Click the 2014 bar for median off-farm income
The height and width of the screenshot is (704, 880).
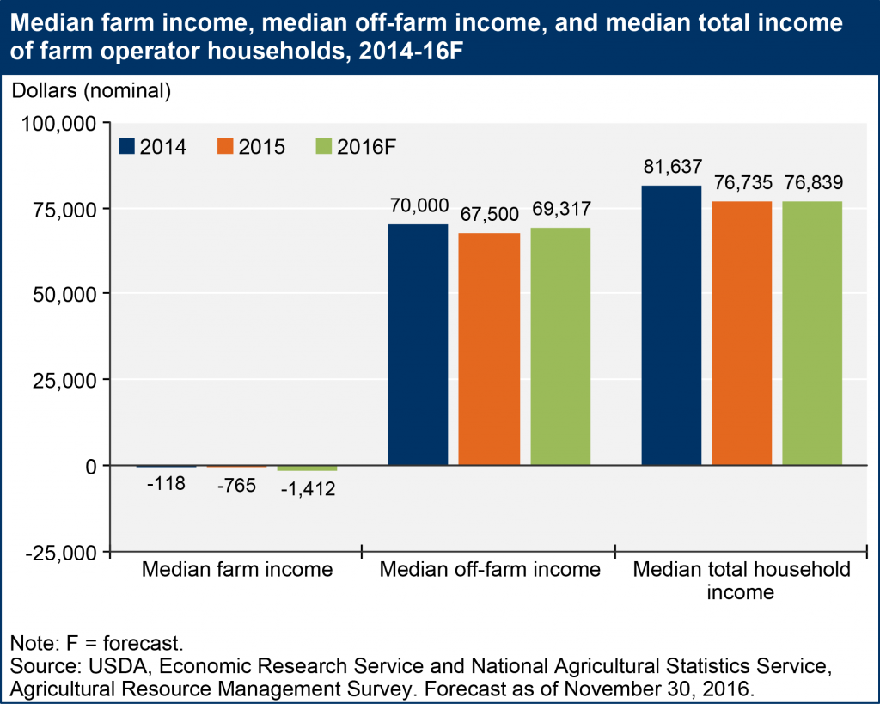[418, 345]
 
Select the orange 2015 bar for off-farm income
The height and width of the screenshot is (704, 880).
[489, 349]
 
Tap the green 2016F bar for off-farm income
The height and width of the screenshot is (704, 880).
[559, 346]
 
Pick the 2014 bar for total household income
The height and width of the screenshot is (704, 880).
[671, 325]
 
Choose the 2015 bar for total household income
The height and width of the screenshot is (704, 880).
[742, 334]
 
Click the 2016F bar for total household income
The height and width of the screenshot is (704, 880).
[812, 334]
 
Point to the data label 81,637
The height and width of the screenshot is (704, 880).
[671, 167]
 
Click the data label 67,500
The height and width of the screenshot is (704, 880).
[489, 214]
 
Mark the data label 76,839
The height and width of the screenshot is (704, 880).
[812, 182]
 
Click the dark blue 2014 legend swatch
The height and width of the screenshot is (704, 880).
[127, 147]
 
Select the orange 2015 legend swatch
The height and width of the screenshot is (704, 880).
[226, 147]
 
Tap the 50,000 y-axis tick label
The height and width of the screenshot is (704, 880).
[61, 295]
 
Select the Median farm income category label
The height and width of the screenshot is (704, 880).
[236, 570]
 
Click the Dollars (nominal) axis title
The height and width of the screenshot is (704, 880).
[90, 89]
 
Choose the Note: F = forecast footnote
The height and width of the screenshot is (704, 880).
[97, 643]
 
